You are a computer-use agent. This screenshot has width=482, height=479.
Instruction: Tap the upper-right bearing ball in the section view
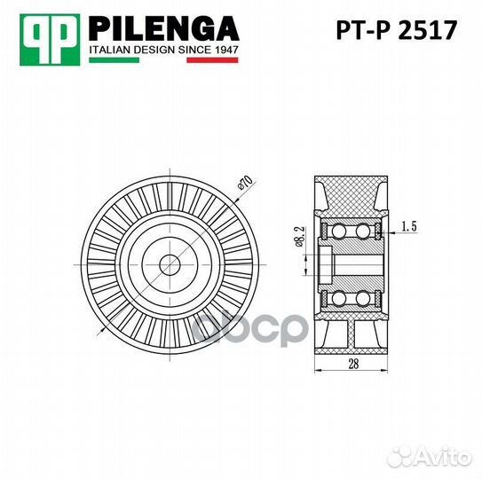point(364,232)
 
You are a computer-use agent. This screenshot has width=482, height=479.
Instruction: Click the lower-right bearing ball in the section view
point(364,297)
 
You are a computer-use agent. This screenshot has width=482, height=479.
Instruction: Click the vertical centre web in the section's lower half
point(352,334)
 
